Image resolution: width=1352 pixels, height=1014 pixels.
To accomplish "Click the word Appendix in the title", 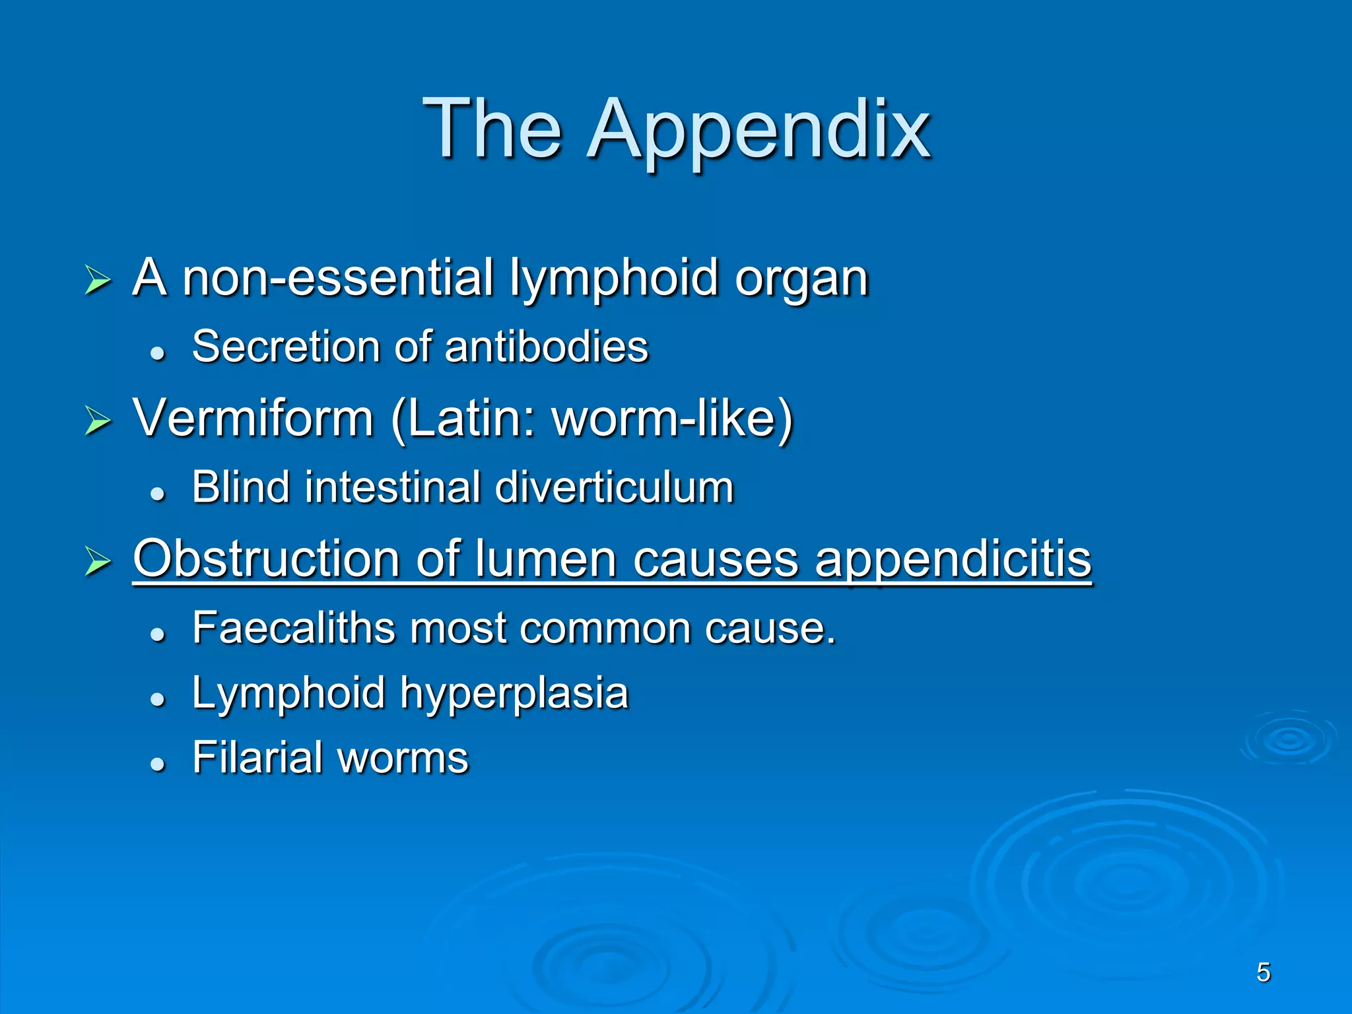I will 759,129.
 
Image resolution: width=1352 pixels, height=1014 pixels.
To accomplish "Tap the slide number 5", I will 1264,972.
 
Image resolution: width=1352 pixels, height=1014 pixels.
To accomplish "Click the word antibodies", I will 547,347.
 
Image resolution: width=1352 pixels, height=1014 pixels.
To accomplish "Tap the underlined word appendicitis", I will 953,559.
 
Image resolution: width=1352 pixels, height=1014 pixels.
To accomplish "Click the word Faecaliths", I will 293,628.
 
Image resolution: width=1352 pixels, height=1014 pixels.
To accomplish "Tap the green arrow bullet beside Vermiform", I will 98,421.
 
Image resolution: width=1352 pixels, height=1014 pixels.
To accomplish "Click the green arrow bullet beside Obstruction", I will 98,562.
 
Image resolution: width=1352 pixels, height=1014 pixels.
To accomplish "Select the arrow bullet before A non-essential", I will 98,281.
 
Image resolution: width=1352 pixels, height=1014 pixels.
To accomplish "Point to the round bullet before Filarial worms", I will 157,764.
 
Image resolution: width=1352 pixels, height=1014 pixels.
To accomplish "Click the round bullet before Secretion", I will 157,354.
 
